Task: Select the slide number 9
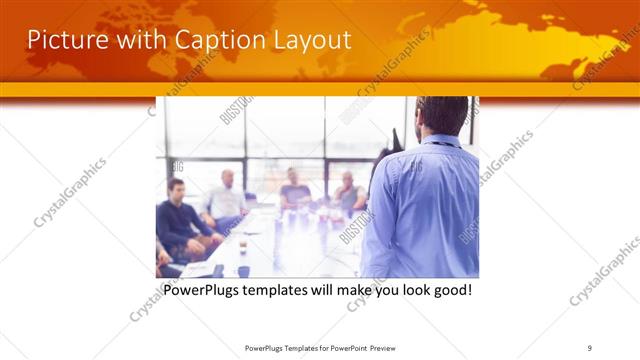click(x=590, y=347)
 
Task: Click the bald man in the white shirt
click(x=226, y=199)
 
